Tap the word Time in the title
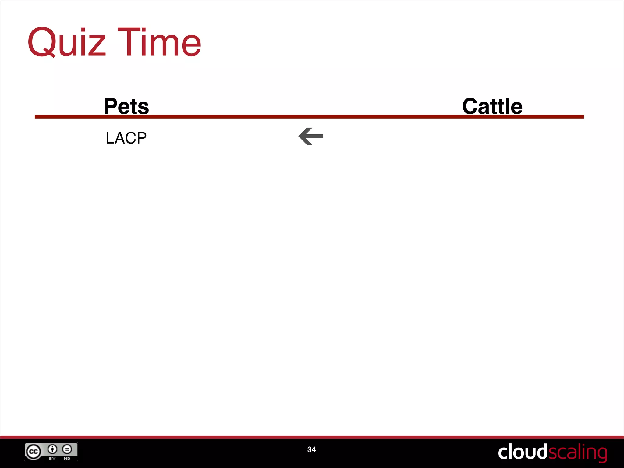(x=159, y=43)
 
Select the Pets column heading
(x=126, y=106)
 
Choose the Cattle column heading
(x=492, y=106)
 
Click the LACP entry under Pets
(x=126, y=138)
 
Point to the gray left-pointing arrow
(x=311, y=136)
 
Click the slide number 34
(x=311, y=449)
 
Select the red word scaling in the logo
(x=578, y=453)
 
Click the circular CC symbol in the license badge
(x=33, y=452)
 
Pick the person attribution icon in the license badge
(x=52, y=449)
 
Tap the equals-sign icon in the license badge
(x=67, y=449)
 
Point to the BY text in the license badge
(x=52, y=459)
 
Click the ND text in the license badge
(x=67, y=459)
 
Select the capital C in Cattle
(x=471, y=106)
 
